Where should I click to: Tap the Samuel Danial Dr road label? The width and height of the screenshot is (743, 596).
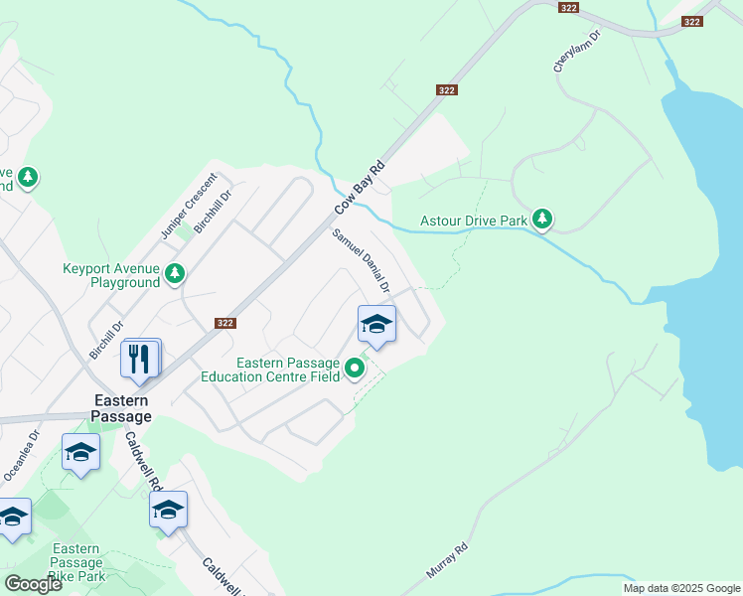(362, 261)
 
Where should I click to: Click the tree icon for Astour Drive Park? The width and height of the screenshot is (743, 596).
(541, 219)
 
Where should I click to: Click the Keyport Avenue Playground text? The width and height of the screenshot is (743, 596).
(111, 275)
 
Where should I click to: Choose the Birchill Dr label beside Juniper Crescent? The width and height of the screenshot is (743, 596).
(213, 211)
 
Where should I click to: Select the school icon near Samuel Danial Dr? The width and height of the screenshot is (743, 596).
(376, 323)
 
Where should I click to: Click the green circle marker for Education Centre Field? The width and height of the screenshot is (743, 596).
(355, 371)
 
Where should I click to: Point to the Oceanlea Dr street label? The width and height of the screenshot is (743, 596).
(20, 456)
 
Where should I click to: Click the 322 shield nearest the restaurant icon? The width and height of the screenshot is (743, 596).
(223, 323)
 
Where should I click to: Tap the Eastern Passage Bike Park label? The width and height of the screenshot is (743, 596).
(77, 562)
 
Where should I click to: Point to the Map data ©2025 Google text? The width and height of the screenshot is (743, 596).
(681, 588)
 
